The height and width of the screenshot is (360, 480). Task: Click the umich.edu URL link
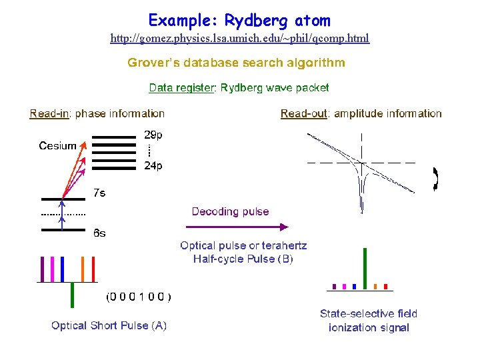coord(239,39)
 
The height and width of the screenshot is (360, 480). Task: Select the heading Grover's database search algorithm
coord(237,63)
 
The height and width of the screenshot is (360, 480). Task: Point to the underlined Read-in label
coord(50,114)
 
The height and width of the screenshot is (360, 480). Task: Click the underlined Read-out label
coord(304,114)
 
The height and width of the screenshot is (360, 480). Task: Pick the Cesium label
coord(57,146)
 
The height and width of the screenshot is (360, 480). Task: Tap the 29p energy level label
coord(153,135)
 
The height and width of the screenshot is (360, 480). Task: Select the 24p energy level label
coord(153,166)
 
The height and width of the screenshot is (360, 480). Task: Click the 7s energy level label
coord(99,193)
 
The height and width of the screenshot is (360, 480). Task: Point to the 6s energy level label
coord(99,234)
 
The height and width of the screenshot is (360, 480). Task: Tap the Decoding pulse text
coord(230,212)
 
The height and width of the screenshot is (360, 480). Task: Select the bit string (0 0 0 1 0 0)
coord(139,296)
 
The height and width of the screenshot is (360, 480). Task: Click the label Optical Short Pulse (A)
coord(109,325)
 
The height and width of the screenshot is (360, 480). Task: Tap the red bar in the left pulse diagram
coord(93,269)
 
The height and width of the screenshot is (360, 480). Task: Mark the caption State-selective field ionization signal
coord(369,321)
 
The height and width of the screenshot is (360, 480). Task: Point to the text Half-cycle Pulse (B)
coord(243,259)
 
